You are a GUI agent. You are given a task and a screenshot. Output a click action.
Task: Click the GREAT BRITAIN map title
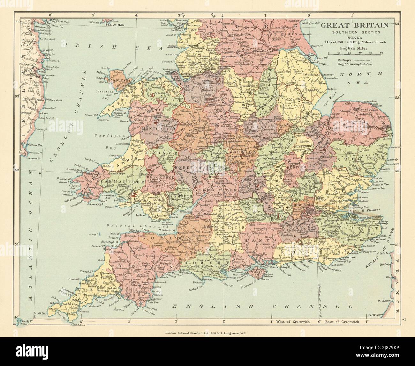coord(354,25)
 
